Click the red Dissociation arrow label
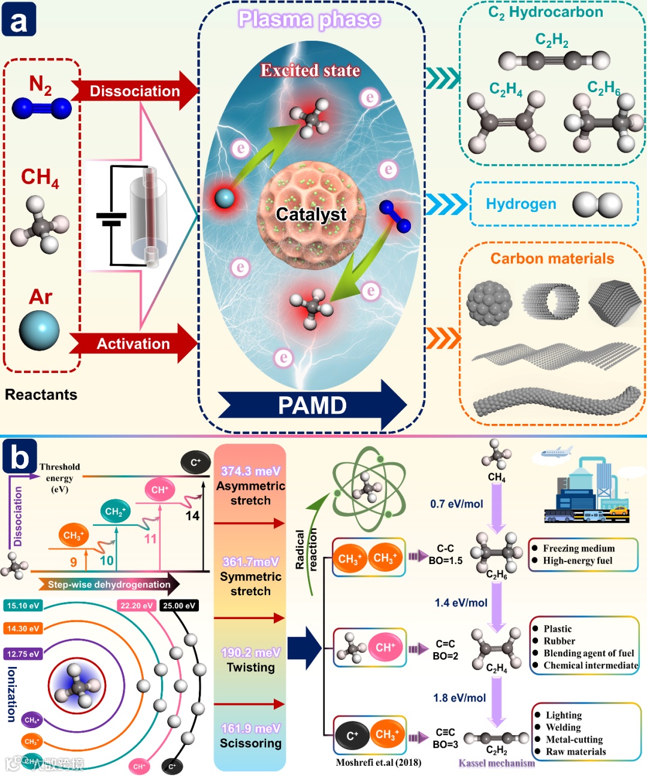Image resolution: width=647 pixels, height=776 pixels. (134, 91)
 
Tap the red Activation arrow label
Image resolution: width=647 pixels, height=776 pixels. (133, 344)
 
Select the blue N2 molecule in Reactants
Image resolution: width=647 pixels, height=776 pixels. (42, 108)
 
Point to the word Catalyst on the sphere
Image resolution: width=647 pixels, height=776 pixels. (311, 214)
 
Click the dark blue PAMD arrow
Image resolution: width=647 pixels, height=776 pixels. (312, 405)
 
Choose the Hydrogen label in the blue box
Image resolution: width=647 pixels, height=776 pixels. (521, 204)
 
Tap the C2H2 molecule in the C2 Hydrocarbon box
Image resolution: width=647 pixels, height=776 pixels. (554, 60)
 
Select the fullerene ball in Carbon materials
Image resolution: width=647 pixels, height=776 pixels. (489, 303)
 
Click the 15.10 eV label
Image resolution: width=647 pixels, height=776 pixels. (23, 605)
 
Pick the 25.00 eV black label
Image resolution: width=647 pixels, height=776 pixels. (179, 605)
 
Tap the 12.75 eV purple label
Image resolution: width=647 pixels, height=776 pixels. (23, 654)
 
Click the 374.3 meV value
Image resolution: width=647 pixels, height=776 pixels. (250, 471)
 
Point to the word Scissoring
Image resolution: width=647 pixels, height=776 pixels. (250, 743)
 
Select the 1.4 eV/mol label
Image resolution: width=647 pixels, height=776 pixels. (461, 603)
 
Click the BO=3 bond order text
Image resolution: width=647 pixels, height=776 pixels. (445, 744)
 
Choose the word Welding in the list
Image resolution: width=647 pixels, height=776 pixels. (563, 727)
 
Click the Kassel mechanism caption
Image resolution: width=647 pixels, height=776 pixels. (497, 763)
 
